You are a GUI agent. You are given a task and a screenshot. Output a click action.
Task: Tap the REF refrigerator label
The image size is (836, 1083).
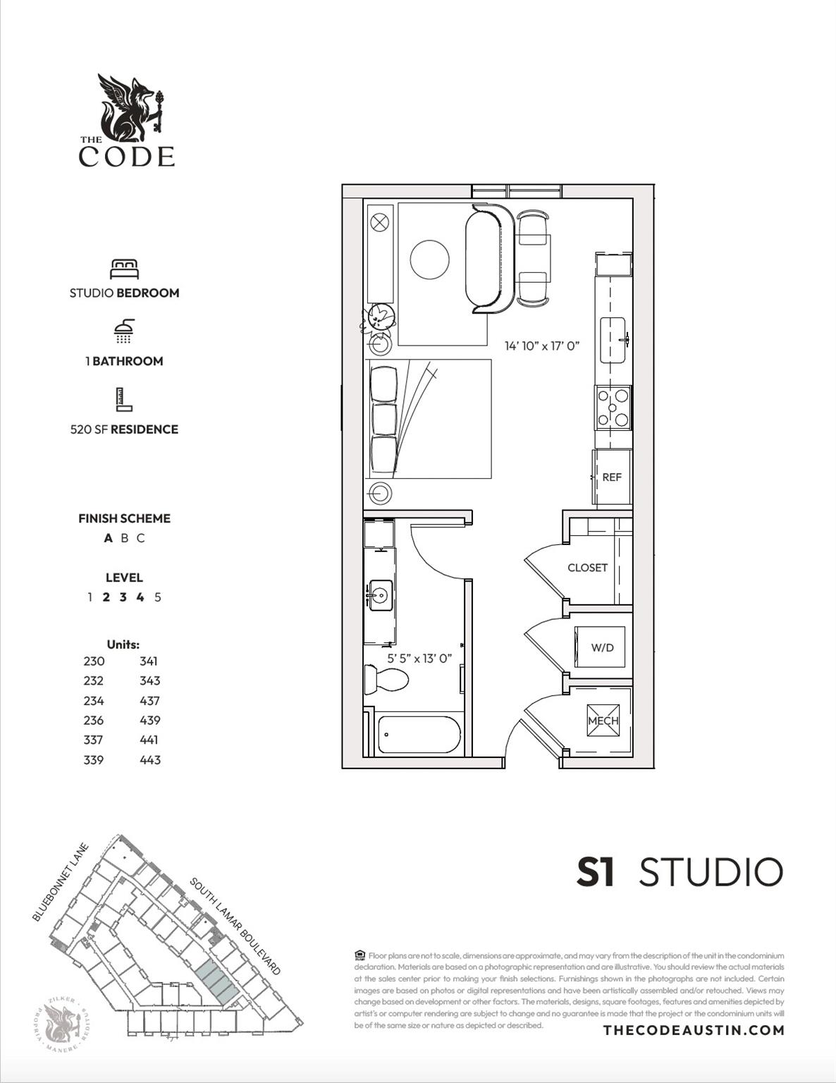pyautogui.click(x=612, y=477)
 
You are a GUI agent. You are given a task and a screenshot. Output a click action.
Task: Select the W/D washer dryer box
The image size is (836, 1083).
pyautogui.click(x=601, y=647)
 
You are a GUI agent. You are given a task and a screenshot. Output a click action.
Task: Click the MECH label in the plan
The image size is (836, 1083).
pyautogui.click(x=603, y=721)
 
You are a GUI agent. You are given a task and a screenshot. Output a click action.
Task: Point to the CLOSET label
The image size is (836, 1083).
pyautogui.click(x=587, y=568)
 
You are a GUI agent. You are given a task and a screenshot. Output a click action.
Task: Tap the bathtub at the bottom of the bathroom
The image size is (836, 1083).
pyautogui.click(x=419, y=735)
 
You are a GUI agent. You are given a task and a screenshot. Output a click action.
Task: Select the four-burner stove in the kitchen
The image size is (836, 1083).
pyautogui.click(x=613, y=408)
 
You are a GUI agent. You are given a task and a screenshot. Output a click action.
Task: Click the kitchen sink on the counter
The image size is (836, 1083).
pyautogui.click(x=613, y=340)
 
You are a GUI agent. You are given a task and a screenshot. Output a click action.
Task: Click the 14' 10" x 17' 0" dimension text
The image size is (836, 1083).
pyautogui.click(x=541, y=346)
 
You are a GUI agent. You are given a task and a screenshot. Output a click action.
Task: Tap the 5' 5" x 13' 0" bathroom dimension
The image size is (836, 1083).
pyautogui.click(x=419, y=659)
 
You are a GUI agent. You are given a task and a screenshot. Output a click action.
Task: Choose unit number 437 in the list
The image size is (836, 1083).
pyautogui.click(x=149, y=701)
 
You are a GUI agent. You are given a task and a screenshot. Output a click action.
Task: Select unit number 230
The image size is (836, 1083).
pyautogui.click(x=94, y=661)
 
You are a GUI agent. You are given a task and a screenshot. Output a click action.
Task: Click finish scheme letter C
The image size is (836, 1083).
pyautogui.click(x=141, y=538)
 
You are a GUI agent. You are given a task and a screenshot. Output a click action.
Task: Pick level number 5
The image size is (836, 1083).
pyautogui.click(x=157, y=597)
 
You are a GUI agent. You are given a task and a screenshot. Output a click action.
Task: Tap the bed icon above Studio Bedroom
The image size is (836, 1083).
pyautogui.click(x=124, y=269)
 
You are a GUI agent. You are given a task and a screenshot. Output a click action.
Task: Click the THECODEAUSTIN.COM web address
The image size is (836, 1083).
pyautogui.click(x=694, y=1030)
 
